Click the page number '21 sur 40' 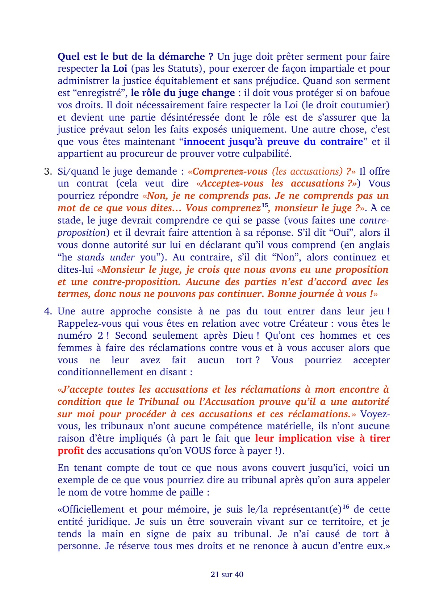(227, 575)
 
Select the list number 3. (48, 171)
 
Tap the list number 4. (48, 312)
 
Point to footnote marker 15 (265, 206)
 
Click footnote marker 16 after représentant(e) (346, 507)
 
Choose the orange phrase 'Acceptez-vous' (233, 184)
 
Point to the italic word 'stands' (91, 258)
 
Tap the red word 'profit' (71, 451)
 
